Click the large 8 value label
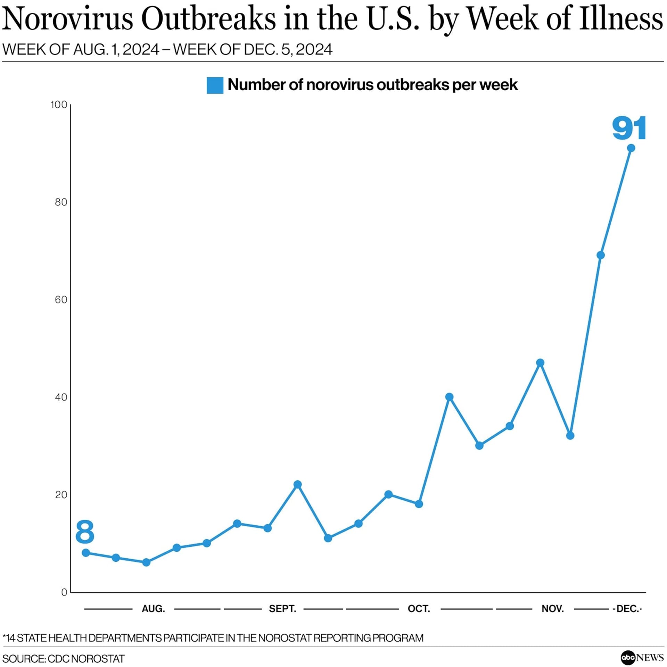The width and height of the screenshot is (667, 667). [85, 532]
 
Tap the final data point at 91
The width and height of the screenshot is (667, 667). [631, 148]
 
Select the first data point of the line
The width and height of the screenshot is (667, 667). [86, 553]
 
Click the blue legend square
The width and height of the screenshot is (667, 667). [215, 85]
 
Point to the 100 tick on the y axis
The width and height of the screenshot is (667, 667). [59, 105]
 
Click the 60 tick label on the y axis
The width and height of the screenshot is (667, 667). [61, 299]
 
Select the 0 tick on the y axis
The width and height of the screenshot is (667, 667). [64, 592]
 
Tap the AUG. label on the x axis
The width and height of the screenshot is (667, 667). [153, 609]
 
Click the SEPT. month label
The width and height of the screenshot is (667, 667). [282, 609]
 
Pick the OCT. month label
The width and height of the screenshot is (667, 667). [419, 609]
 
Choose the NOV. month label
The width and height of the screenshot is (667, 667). [552, 609]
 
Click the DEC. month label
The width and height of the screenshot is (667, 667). [627, 609]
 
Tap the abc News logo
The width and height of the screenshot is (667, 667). [642, 657]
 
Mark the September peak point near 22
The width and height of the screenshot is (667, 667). [297, 484]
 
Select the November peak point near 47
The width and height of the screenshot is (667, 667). [540, 363]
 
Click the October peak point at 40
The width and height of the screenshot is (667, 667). [449, 397]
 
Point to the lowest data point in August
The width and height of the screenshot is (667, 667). [146, 562]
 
